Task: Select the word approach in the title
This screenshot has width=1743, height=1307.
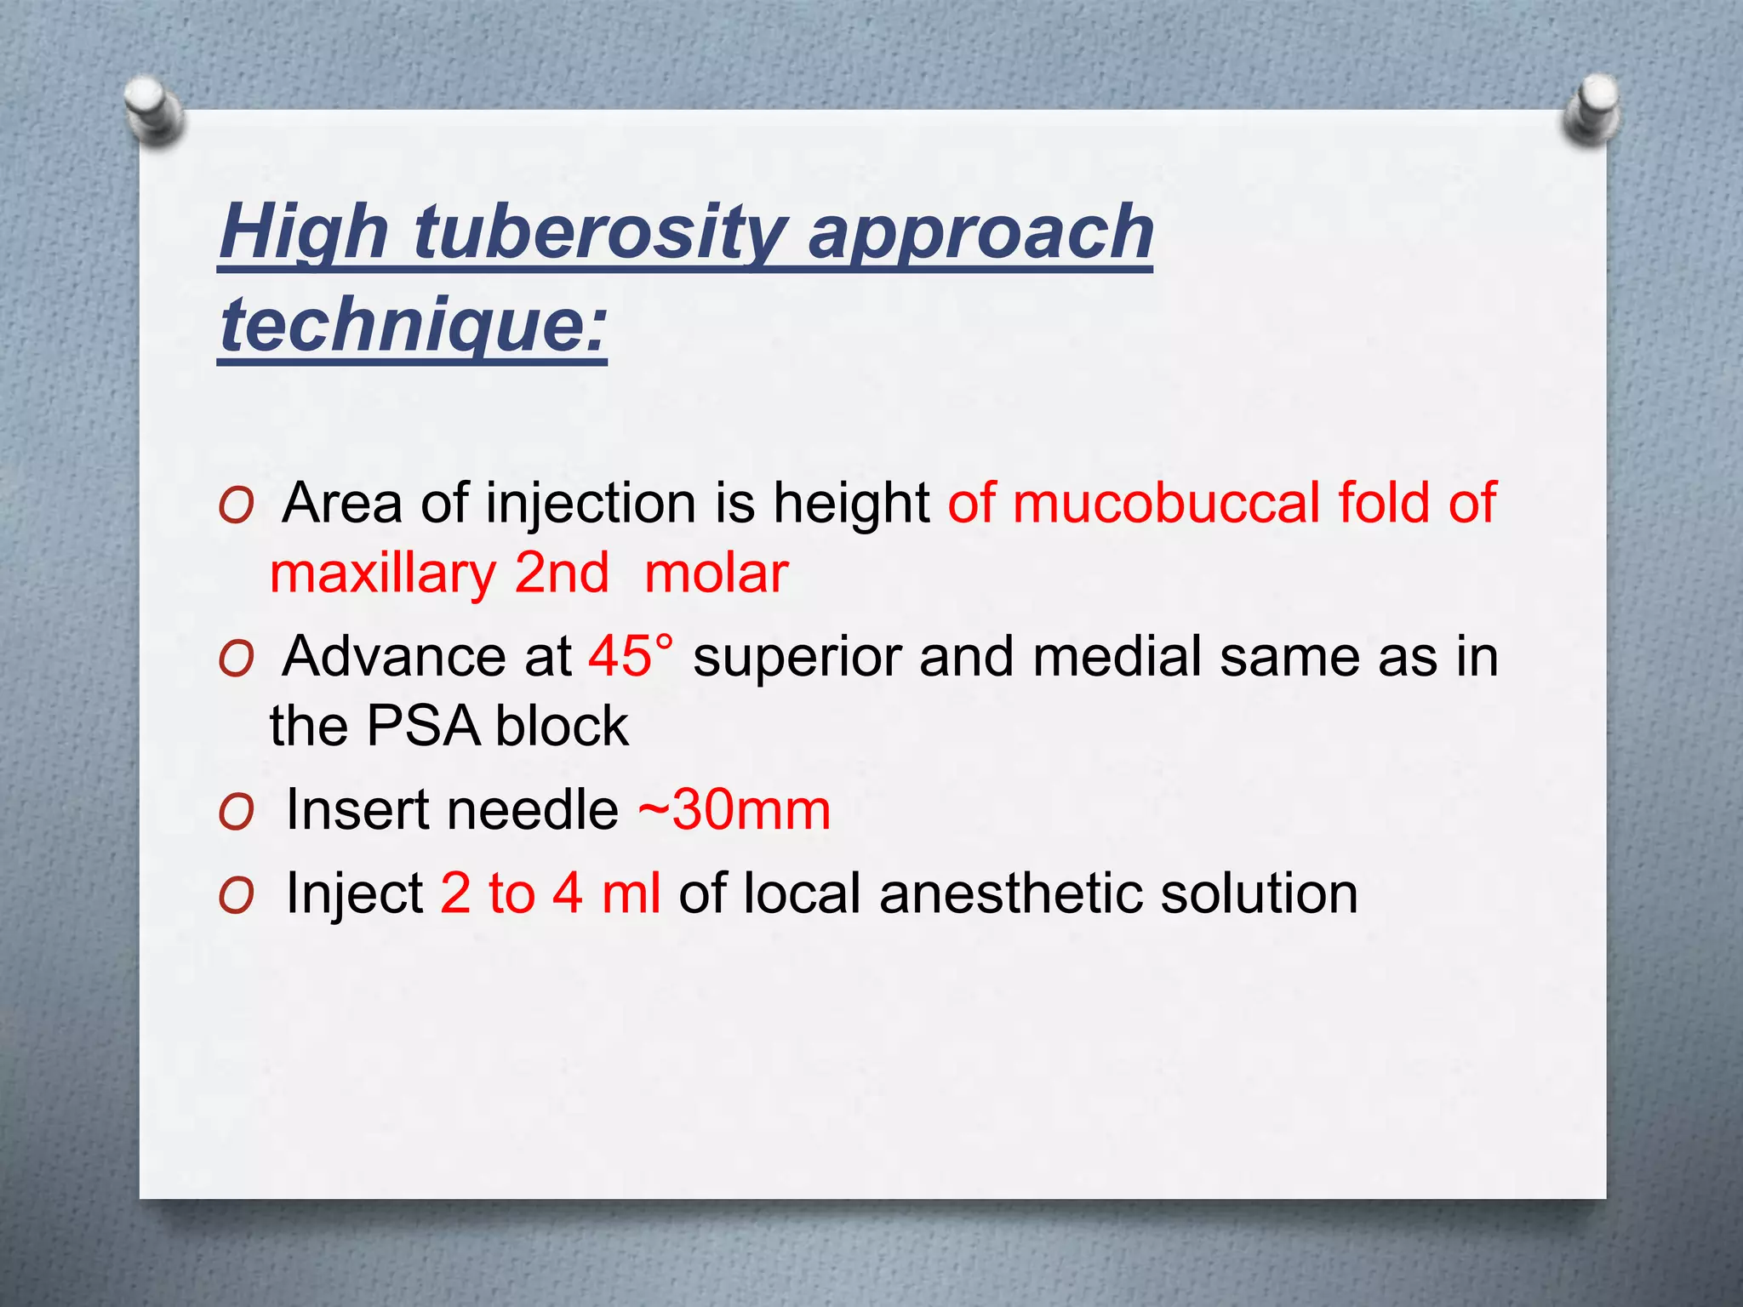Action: click(x=980, y=232)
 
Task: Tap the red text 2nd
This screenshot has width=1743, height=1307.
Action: click(x=562, y=573)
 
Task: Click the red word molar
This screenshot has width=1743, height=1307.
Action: click(x=717, y=573)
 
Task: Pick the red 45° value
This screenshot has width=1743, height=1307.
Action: click(x=630, y=656)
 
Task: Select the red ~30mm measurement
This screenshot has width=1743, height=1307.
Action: click(x=734, y=809)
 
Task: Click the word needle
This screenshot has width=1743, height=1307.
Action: click(x=537, y=809)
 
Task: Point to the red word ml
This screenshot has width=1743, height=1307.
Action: click(x=631, y=893)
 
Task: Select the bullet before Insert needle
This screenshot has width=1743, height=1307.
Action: click(x=236, y=813)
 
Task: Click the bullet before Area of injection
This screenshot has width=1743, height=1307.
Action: click(x=236, y=506)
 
